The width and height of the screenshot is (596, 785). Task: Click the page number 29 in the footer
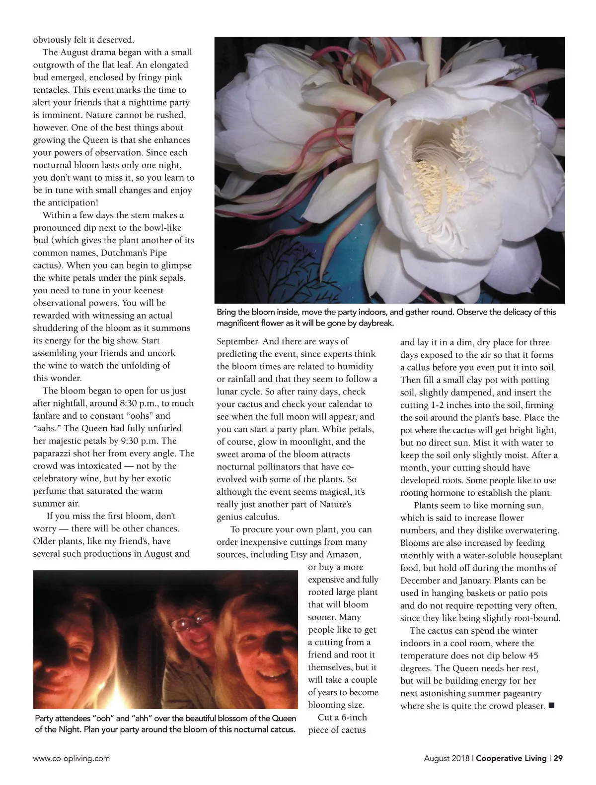tap(558, 758)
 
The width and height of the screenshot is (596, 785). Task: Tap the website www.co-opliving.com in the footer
tap(72, 758)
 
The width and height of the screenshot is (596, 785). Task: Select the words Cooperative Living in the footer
tap(511, 758)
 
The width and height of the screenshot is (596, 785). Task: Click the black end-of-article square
tap(551, 706)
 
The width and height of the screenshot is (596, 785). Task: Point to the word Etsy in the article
tap(298, 554)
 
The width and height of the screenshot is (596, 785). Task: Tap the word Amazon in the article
tap(342, 554)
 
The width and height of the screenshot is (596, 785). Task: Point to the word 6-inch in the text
tap(351, 717)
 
